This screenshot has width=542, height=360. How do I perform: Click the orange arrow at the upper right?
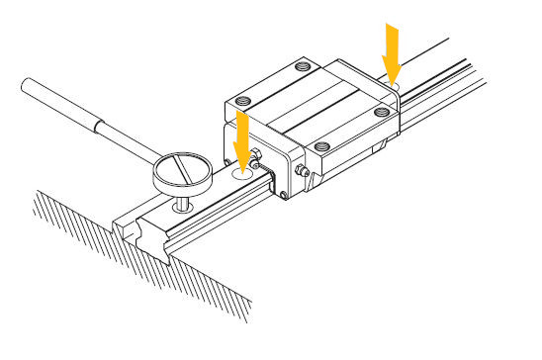[392, 51]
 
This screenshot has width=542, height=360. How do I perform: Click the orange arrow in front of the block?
[240, 137]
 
